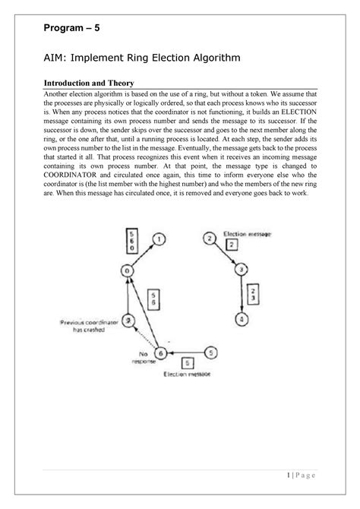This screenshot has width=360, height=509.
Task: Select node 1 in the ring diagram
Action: pyautogui.click(x=159, y=239)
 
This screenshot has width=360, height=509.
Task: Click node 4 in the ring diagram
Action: pyautogui.click(x=240, y=319)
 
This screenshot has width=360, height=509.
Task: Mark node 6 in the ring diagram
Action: pyautogui.click(x=160, y=353)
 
